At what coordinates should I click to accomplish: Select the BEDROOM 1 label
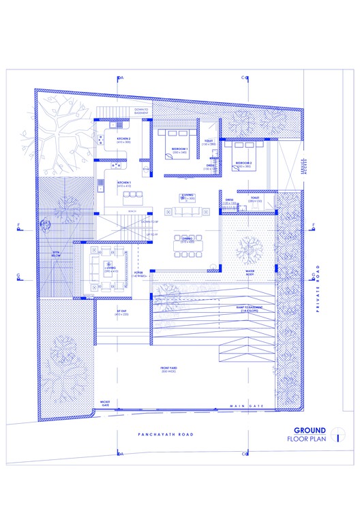[x=179, y=149]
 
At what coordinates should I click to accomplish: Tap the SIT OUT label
[x=122, y=311]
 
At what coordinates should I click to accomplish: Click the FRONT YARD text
[x=169, y=369]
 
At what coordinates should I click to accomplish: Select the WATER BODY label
[x=254, y=272]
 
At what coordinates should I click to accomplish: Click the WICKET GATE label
[x=105, y=403]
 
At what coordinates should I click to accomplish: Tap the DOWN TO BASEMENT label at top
[x=141, y=111]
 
